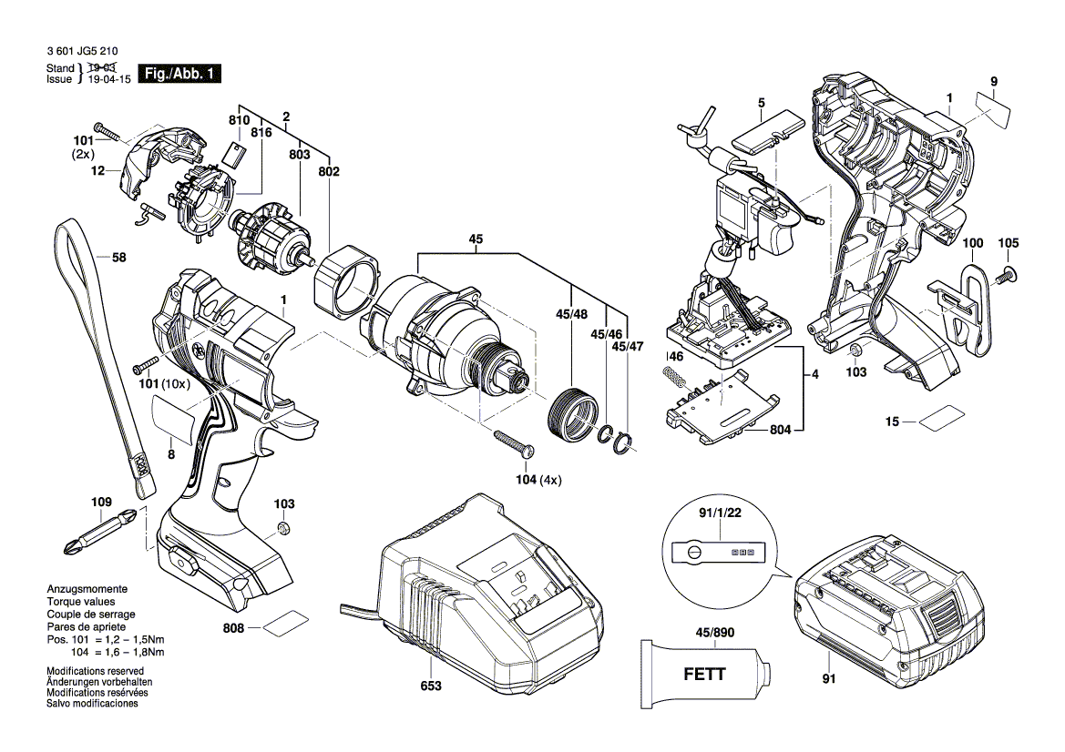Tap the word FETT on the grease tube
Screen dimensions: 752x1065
[704, 675]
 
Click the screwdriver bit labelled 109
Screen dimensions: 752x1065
[100, 532]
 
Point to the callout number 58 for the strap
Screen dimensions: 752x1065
[118, 258]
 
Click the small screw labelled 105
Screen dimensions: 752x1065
[1008, 274]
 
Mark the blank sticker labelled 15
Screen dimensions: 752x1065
[939, 422]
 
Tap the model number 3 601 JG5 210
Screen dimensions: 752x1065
[80, 53]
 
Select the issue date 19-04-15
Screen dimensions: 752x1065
[108, 79]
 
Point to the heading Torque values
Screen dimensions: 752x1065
[81, 603]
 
